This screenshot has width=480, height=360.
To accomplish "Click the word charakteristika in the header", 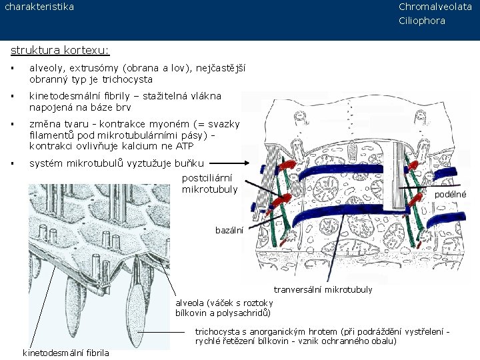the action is pos(39,7).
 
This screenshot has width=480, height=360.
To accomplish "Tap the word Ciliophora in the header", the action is pos(422,21).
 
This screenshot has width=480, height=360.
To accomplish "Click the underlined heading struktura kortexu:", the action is pos(60,50).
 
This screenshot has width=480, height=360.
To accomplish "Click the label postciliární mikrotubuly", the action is pos(210,184).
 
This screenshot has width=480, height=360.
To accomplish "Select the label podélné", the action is pos(450,194).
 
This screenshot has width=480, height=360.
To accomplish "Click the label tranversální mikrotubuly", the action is pos(323,289).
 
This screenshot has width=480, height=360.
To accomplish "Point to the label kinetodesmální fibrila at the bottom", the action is pos(67,352).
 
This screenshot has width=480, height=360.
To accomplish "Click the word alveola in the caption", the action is pos(191,302).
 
